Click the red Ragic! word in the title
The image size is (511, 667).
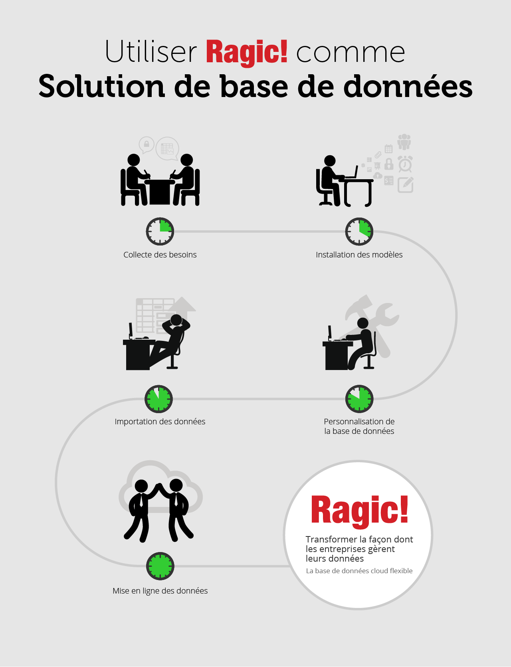point(247,52)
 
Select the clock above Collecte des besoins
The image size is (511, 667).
point(160,232)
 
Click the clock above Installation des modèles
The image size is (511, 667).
point(359,232)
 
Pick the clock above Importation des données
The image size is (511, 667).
point(158,399)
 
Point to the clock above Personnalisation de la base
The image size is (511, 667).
point(359,399)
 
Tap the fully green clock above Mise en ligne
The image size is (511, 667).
point(160,566)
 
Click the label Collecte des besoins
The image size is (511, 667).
point(160,255)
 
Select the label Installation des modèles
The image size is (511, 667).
point(359,255)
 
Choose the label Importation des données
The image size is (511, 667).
point(160,422)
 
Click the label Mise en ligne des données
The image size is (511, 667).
point(160,591)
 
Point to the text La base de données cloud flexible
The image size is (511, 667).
point(359,571)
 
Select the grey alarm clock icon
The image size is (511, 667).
point(405,164)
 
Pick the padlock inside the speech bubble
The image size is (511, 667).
point(147,144)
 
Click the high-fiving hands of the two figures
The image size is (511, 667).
point(159,486)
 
